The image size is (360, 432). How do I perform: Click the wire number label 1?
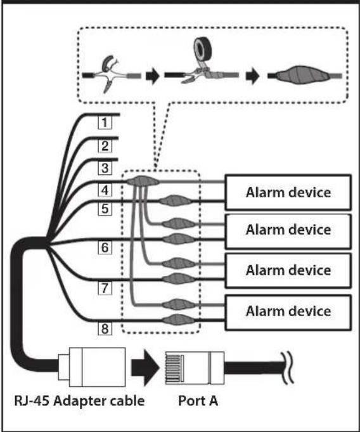click(x=105, y=122)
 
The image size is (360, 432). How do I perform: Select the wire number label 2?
click(x=105, y=146)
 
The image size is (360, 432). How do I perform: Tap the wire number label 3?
click(x=105, y=167)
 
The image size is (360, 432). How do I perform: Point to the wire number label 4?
click(x=105, y=190)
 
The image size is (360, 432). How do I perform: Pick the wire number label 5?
click(x=105, y=209)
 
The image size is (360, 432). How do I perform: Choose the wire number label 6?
click(x=105, y=247)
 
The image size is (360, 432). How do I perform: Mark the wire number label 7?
click(x=105, y=288)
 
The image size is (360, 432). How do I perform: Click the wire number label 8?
click(x=105, y=329)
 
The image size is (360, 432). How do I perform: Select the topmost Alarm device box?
click(x=288, y=192)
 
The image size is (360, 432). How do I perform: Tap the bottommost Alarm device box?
click(x=288, y=313)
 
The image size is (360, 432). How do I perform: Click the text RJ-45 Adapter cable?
click(x=79, y=401)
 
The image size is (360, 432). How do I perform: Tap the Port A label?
click(x=198, y=401)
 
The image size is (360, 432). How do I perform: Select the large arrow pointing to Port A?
click(x=145, y=368)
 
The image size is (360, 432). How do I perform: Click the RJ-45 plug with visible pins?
click(x=195, y=368)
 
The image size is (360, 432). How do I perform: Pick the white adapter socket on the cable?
click(x=92, y=367)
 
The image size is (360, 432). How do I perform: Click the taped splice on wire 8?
click(x=177, y=320)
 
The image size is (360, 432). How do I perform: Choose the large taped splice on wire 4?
click(x=143, y=181)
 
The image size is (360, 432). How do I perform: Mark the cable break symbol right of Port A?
click(x=288, y=368)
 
